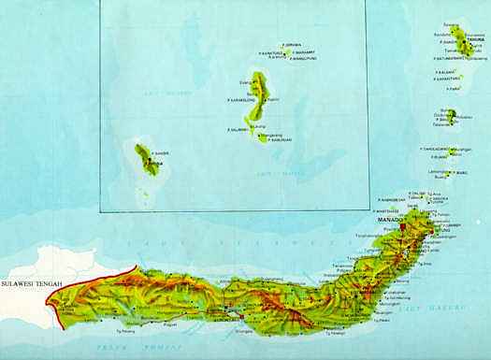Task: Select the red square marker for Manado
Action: [x=403, y=227]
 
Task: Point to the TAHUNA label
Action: [x=457, y=39]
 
